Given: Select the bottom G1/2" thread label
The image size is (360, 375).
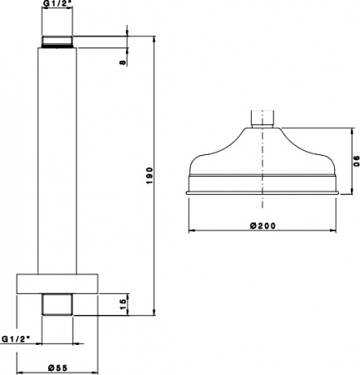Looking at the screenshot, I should click(x=17, y=339).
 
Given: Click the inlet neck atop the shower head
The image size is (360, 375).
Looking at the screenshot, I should click(x=262, y=118).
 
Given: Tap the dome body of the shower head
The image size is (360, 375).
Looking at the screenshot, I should click(x=262, y=154).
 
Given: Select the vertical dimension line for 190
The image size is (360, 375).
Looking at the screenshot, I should click(x=157, y=175).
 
